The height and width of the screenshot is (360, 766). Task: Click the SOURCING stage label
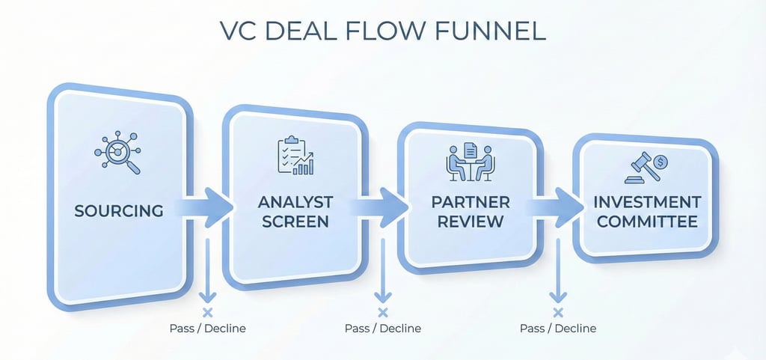(119, 210)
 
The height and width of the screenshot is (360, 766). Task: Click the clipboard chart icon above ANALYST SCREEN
(295, 156)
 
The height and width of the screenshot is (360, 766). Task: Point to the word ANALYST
(295, 203)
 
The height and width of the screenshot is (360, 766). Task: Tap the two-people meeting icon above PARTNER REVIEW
(470, 161)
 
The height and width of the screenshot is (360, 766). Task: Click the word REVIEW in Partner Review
(470, 222)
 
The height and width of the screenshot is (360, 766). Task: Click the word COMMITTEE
(648, 222)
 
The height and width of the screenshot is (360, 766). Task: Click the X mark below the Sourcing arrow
(208, 312)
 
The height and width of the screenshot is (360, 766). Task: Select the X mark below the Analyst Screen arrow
(383, 312)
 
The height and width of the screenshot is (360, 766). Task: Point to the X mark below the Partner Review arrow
(557, 312)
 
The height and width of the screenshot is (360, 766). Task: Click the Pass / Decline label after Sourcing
(208, 329)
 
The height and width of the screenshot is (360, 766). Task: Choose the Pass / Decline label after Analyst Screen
(383, 329)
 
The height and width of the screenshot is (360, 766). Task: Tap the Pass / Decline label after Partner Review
(557, 329)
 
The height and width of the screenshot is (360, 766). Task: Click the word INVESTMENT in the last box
(648, 203)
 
